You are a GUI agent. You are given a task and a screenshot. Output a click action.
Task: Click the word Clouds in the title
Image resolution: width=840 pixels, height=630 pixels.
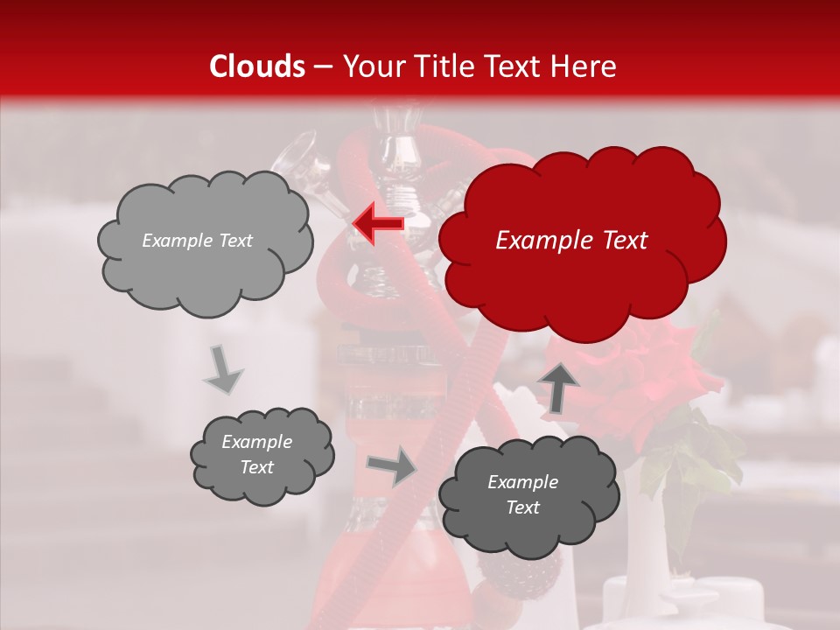tap(258, 66)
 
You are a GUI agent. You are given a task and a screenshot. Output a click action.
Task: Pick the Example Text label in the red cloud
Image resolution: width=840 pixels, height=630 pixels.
tap(571, 241)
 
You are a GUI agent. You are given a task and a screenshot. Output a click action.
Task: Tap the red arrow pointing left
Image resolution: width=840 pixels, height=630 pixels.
tap(378, 222)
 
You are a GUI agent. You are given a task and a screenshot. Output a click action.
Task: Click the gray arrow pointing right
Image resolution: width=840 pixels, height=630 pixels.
tap(392, 466)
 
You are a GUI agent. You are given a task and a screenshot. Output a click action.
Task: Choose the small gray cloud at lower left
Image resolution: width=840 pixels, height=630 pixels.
tap(261, 455)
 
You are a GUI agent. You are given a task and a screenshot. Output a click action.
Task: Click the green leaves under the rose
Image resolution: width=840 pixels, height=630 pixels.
tap(691, 455)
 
